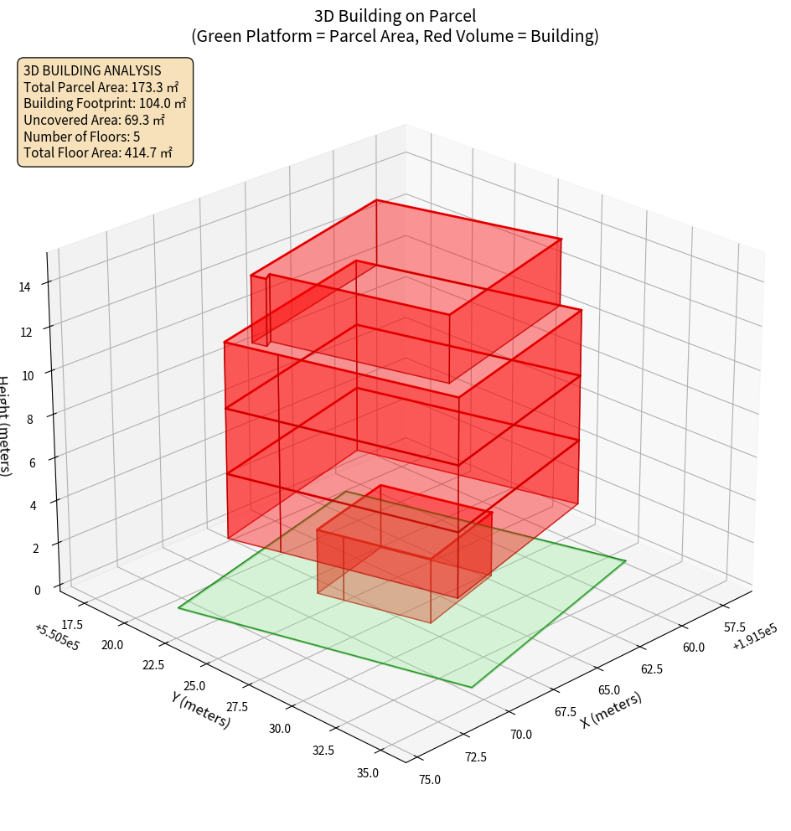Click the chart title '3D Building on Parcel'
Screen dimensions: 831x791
(x=395, y=15)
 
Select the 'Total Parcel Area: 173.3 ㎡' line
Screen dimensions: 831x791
(x=101, y=87)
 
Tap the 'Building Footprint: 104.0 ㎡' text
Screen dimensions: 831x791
(x=105, y=103)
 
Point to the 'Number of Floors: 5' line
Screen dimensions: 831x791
(x=82, y=137)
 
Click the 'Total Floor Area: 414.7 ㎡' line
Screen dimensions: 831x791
(x=98, y=153)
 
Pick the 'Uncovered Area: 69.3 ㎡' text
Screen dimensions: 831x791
(x=95, y=120)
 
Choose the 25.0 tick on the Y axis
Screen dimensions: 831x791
(x=194, y=685)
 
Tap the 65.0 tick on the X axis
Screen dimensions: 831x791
(x=608, y=690)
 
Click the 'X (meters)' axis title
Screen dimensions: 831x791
(x=611, y=710)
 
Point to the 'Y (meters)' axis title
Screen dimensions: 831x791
(x=200, y=710)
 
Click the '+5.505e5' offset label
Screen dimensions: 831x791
(x=57, y=636)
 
